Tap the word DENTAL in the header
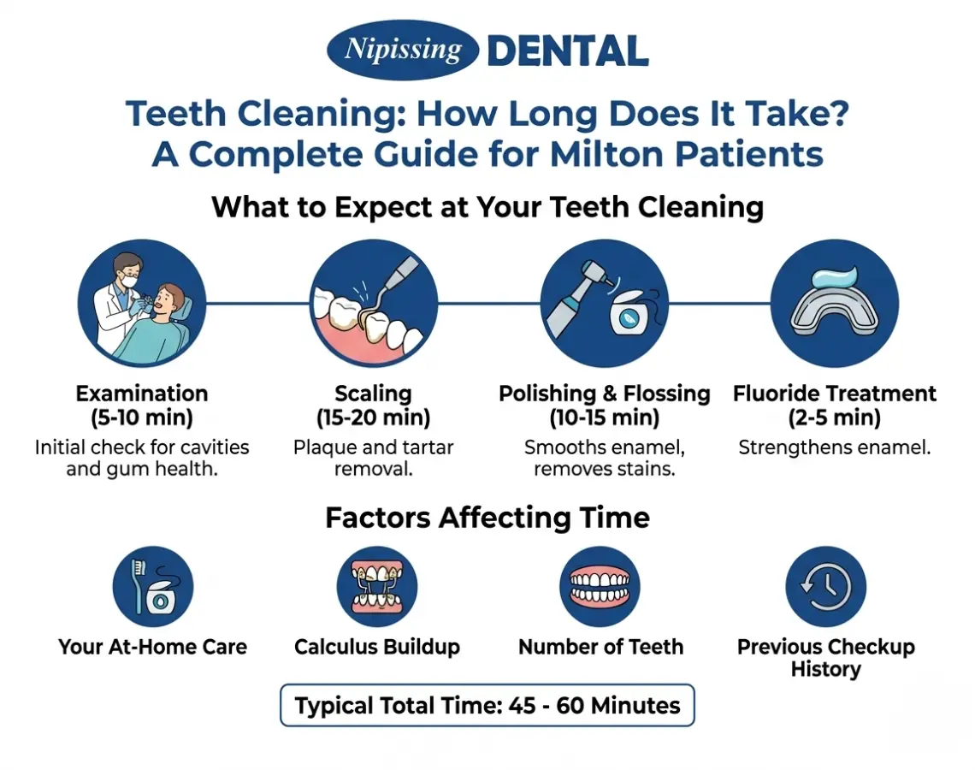pyautogui.click(x=567, y=51)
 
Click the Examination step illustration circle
pyautogui.click(x=142, y=304)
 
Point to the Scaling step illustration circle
pyautogui.click(x=373, y=304)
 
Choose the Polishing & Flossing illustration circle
pyautogui.click(x=604, y=304)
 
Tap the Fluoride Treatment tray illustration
pyautogui.click(x=835, y=304)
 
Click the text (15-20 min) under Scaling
pyautogui.click(x=373, y=418)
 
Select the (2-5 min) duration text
pyautogui.click(x=835, y=418)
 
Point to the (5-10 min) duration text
pyautogui.click(x=142, y=418)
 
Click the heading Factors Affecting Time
pyautogui.click(x=487, y=518)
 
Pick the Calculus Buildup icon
pyautogui.click(x=377, y=587)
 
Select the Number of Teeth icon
pyautogui.click(x=600, y=587)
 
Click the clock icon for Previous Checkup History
pyautogui.click(x=826, y=587)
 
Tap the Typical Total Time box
pyautogui.click(x=487, y=706)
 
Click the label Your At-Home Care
pyautogui.click(x=153, y=647)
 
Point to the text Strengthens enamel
pyautogui.click(x=835, y=447)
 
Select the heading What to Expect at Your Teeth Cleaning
pyautogui.click(x=487, y=208)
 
